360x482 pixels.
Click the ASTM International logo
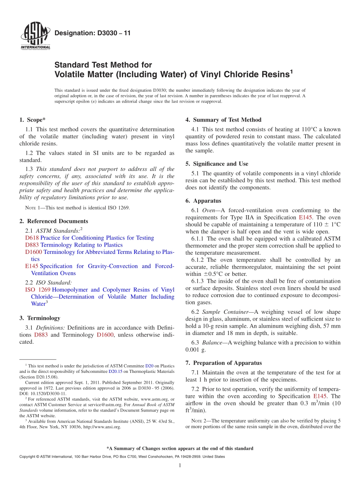(x=35, y=37)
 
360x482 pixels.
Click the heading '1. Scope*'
(x=33, y=120)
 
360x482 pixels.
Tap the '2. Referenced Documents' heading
(x=53, y=221)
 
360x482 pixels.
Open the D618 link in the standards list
(x=32, y=238)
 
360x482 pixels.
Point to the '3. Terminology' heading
(x=39, y=318)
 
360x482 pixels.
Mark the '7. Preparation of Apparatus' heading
(x=224, y=363)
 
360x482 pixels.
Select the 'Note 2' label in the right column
(x=199, y=421)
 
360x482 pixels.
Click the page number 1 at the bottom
(x=180, y=466)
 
